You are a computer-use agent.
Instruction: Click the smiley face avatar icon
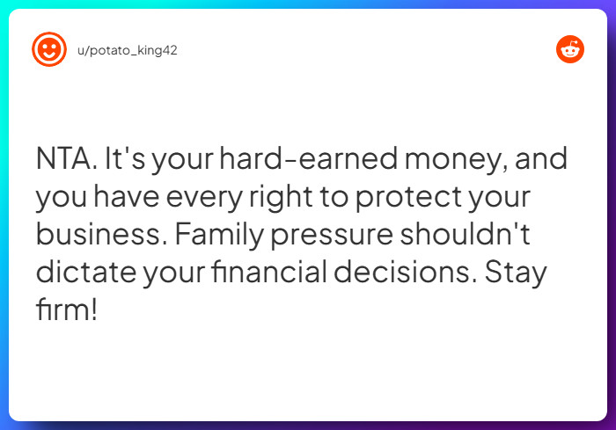tap(49, 49)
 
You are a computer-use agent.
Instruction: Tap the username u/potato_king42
tap(128, 50)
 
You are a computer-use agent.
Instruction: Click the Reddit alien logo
tap(570, 49)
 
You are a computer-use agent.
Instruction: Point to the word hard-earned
tap(308, 158)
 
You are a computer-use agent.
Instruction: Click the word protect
tap(408, 199)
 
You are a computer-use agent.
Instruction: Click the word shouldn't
tap(466, 234)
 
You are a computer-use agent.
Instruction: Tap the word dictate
tap(86, 272)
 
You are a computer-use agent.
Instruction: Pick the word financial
tap(269, 272)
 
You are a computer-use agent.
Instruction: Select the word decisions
tap(405, 272)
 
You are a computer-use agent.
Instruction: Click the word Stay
tap(516, 273)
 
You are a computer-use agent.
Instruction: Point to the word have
tap(126, 196)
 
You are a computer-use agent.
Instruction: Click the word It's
tap(125, 158)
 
